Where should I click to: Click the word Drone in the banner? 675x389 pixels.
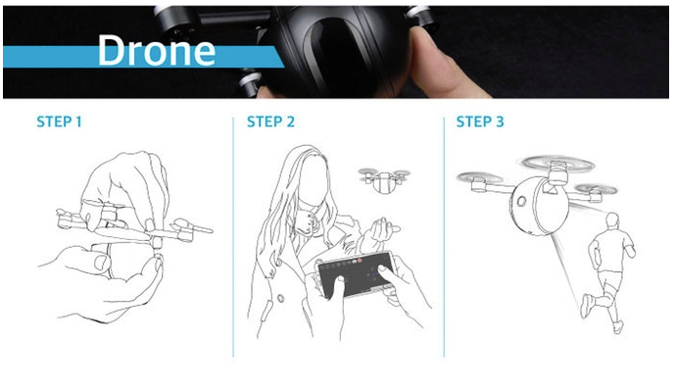157,50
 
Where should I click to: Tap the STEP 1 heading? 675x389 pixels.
59,122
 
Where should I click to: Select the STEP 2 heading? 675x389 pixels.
270,122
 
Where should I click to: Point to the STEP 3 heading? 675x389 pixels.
480,122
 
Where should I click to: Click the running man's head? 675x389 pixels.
611,221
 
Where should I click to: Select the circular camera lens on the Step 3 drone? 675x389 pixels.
521,201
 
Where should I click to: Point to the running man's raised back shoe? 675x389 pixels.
586,306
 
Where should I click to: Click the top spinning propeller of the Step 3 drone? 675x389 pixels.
558,164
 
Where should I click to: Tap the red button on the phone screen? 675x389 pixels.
360,261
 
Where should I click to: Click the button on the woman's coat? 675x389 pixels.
280,298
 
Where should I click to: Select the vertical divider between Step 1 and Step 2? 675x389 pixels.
233,237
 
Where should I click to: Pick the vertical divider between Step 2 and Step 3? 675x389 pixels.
444,237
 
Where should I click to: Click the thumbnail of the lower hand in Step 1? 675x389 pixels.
101,263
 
